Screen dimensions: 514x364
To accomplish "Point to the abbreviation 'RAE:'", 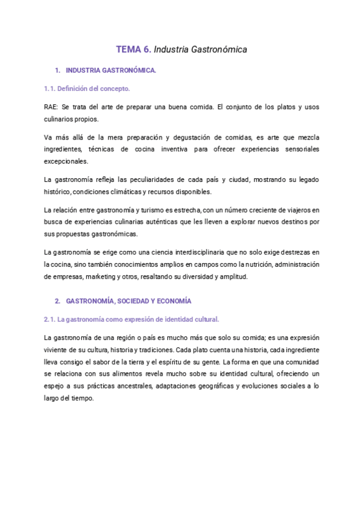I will tap(52, 107).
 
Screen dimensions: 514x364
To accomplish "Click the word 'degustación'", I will tap(185, 137).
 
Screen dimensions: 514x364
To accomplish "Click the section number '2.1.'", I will tap(50, 319).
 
